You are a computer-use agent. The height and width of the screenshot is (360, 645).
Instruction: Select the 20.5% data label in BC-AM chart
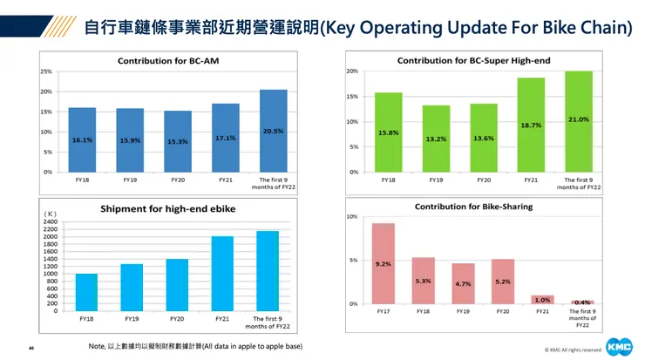pos(273,130)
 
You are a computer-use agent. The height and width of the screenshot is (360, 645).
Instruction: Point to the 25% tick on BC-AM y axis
pos(45,71)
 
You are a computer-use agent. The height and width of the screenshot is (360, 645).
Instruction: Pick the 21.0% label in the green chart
pos(579,119)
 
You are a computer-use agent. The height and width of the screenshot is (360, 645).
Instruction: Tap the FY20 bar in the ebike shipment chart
pos(178,284)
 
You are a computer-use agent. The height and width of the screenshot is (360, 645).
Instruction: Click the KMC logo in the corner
pos(620,347)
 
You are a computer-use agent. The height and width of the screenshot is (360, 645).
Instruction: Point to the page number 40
pos(31,348)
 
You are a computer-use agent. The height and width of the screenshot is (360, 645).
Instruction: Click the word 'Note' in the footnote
pos(97,346)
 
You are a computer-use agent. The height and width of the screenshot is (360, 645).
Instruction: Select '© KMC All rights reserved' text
pos(573,350)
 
